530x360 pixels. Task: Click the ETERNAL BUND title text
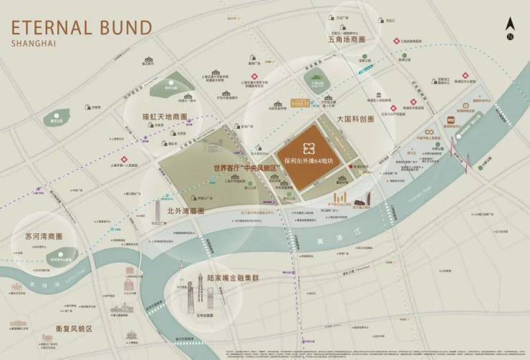coord(80,28)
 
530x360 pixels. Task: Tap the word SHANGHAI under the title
coord(35,44)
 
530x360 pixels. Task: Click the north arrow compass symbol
coord(510,28)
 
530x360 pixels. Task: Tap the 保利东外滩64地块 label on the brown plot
coord(310,161)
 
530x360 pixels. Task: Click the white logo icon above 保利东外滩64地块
coord(309,148)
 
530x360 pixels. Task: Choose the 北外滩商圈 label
coord(185,211)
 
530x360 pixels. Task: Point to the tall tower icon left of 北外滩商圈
coord(158,210)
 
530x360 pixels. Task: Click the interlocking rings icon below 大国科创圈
coord(429,133)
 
